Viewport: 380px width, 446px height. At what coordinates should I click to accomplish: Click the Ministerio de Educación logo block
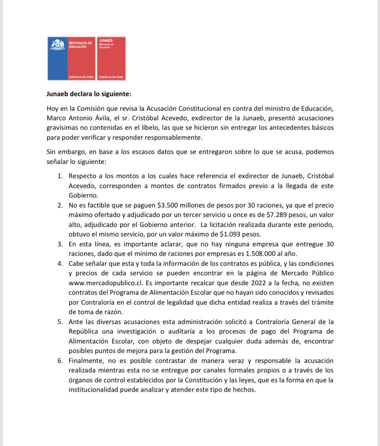pos(71,58)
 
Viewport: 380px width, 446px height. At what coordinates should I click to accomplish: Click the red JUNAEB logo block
pos(111,58)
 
